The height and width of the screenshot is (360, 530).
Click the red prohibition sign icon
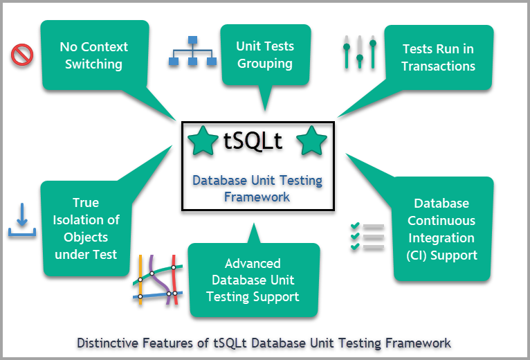click(x=23, y=55)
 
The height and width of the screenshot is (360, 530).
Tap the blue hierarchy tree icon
click(x=193, y=51)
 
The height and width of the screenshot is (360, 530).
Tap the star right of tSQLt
click(x=311, y=141)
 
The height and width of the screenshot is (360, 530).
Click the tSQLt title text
click(x=253, y=141)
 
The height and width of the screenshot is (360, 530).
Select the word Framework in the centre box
click(x=257, y=197)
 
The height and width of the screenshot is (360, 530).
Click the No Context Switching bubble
click(x=94, y=55)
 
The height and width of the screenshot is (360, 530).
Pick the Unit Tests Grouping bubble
click(x=265, y=55)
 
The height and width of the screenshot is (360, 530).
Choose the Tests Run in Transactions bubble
click(x=438, y=57)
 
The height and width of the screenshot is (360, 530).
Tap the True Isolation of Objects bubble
click(x=86, y=228)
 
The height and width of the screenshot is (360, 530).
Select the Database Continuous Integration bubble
click(x=441, y=229)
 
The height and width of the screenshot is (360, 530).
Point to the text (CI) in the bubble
click(x=421, y=255)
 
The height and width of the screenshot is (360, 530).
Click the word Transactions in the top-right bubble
click(x=438, y=66)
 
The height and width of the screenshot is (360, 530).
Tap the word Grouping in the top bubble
click(x=265, y=64)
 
